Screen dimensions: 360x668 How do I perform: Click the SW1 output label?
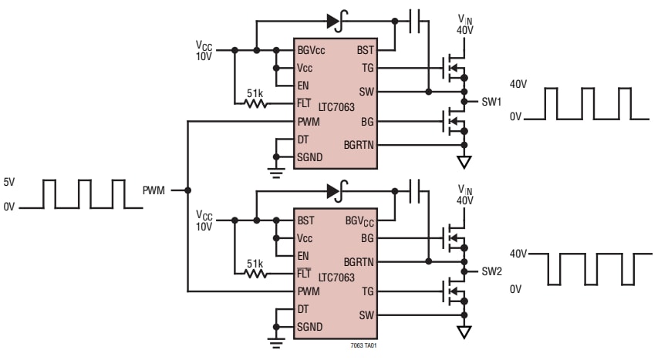(491, 102)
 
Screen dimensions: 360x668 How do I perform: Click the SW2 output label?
(491, 272)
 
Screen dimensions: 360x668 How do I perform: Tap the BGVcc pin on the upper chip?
(312, 50)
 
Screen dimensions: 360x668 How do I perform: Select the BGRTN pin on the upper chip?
(358, 145)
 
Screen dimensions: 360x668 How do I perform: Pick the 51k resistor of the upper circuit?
(255, 102)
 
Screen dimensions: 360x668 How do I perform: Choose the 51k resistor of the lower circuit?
(255, 272)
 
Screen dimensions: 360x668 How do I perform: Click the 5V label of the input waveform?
(9, 183)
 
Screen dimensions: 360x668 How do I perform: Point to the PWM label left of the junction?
(154, 190)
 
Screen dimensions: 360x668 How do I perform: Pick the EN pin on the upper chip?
(303, 85)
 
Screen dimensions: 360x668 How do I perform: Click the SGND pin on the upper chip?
(310, 157)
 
